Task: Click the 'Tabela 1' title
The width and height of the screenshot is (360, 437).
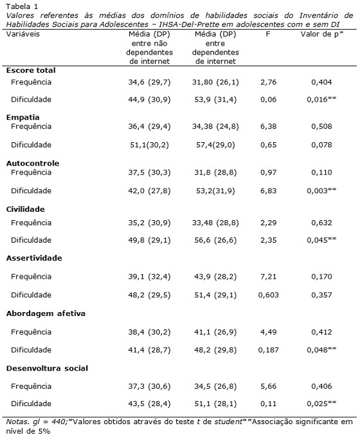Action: [22, 6]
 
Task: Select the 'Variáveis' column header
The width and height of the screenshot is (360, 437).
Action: [23, 34]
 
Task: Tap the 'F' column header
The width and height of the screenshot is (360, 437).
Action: [268, 34]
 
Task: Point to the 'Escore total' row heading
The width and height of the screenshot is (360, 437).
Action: [31, 70]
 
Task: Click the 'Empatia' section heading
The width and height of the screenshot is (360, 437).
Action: [23, 117]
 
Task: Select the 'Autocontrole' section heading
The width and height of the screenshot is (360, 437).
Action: [33, 163]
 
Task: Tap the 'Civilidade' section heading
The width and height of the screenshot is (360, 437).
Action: [25, 209]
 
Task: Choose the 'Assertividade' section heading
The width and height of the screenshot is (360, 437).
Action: [34, 258]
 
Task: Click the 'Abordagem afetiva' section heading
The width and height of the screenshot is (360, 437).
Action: [46, 313]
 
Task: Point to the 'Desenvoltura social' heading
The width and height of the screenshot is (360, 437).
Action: [47, 368]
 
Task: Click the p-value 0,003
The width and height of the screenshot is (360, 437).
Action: [318, 191]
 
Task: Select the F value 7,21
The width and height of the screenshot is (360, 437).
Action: [269, 277]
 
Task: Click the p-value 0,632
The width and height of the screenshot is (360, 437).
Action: [321, 223]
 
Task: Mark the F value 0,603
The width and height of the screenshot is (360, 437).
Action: [269, 295]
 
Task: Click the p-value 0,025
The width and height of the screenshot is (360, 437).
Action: [318, 404]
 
